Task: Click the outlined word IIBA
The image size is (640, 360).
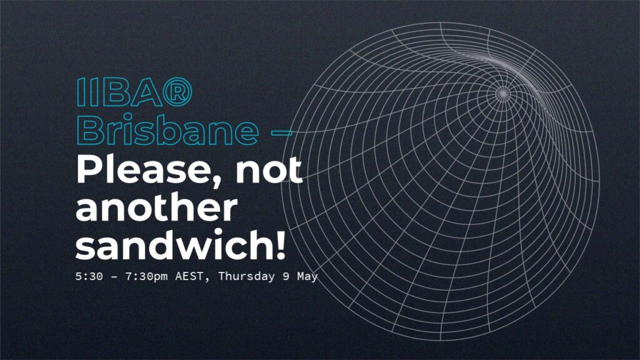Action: pyautogui.click(x=119, y=92)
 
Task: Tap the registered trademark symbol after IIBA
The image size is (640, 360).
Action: pyautogui.click(x=177, y=92)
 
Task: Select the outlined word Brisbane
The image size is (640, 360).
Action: pyautogui.click(x=167, y=130)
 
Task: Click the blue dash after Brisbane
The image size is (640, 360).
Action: pyautogui.click(x=282, y=132)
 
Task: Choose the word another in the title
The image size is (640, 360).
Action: pyautogui.click(x=156, y=208)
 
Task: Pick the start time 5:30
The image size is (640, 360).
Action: pyautogui.click(x=89, y=276)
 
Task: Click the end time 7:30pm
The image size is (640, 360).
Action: pyautogui.click(x=146, y=277)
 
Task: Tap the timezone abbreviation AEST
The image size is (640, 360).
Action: pyautogui.click(x=189, y=276)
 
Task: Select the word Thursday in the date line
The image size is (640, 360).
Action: pyautogui.click(x=246, y=277)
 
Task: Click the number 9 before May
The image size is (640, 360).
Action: pyautogui.click(x=286, y=276)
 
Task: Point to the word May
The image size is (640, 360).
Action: pyautogui.click(x=307, y=277)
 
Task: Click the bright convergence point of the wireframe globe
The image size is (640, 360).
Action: pyautogui.click(x=503, y=94)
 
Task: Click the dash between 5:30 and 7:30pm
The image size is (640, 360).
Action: pyautogui.click(x=114, y=277)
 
